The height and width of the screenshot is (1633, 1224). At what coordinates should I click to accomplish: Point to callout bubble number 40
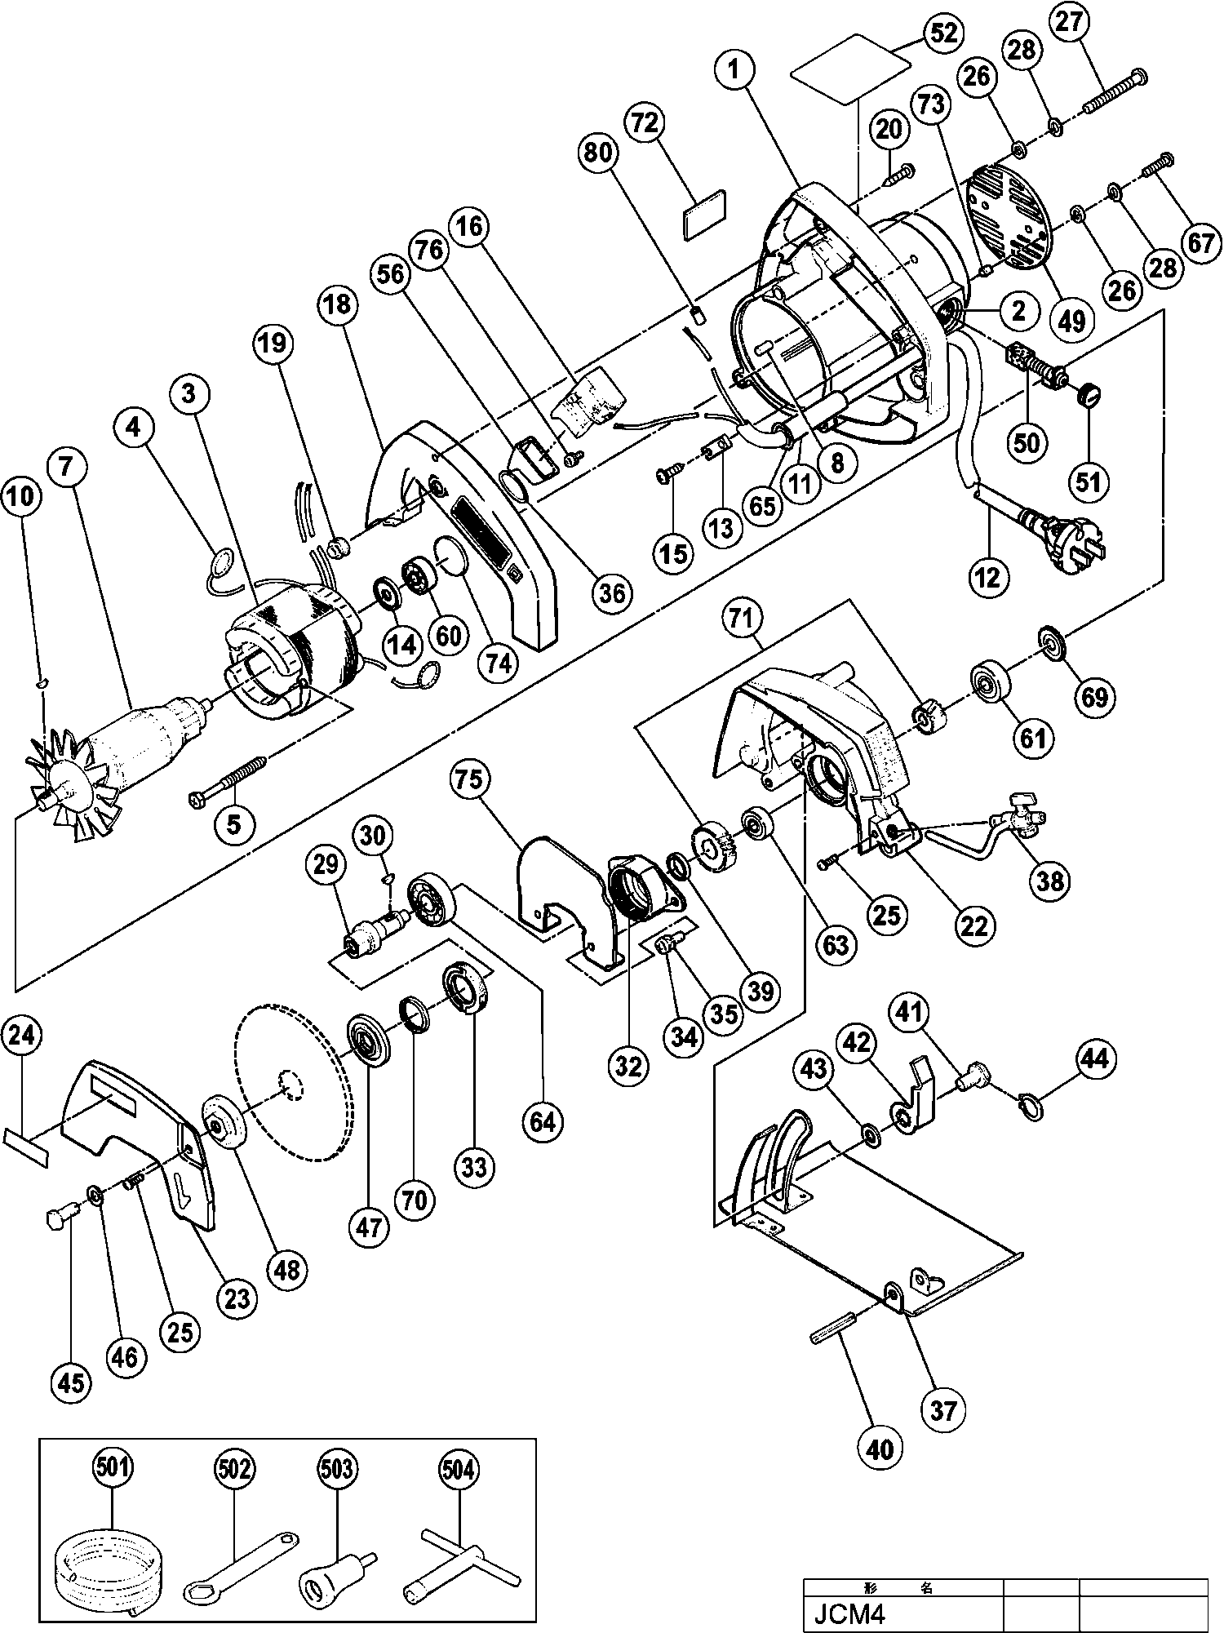click(x=880, y=1448)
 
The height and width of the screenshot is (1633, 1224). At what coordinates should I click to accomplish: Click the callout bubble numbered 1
click(x=734, y=69)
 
